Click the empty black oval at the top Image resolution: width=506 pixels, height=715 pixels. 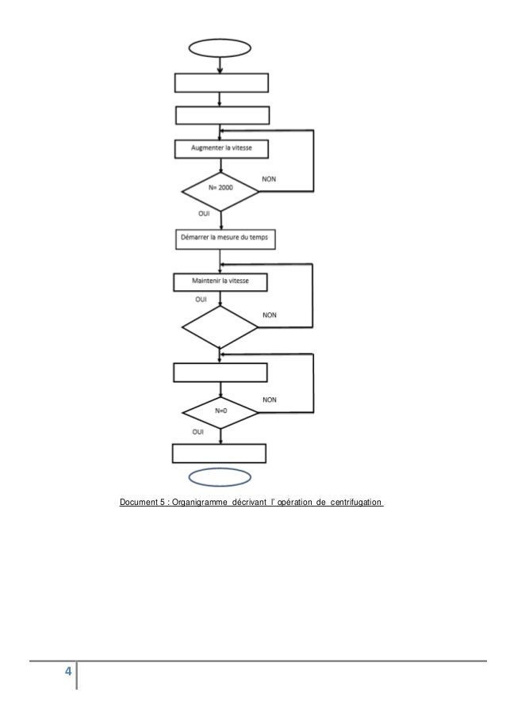pyautogui.click(x=220, y=48)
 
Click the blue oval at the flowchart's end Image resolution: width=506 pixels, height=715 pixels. pyautogui.click(x=220, y=476)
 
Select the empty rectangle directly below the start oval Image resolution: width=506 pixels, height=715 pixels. pyautogui.click(x=221, y=82)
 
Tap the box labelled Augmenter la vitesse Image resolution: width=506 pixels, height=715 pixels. pyautogui.click(x=221, y=148)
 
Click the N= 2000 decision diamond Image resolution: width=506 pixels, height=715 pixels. pyautogui.click(x=220, y=191)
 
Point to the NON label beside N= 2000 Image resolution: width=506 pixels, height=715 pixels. pyautogui.click(x=270, y=180)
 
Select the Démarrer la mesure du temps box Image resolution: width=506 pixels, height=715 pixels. pyautogui.click(x=220, y=238)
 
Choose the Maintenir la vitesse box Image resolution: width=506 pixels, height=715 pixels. pyautogui.click(x=220, y=281)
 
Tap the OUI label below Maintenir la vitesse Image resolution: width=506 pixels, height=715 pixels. pyautogui.click(x=201, y=300)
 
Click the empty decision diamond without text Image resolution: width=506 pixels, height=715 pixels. pyautogui.click(x=220, y=327)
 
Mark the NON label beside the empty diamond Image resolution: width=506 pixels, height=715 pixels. pyautogui.click(x=270, y=315)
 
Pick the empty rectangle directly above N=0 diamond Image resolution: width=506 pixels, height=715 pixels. pyautogui.click(x=220, y=372)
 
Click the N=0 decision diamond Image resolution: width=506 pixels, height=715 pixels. pyautogui.click(x=220, y=412)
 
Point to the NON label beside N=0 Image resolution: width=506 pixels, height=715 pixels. pyautogui.click(x=270, y=400)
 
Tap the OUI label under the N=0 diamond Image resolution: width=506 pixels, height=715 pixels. pyautogui.click(x=199, y=432)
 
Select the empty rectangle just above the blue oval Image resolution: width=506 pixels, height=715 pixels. pyautogui.click(x=219, y=453)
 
